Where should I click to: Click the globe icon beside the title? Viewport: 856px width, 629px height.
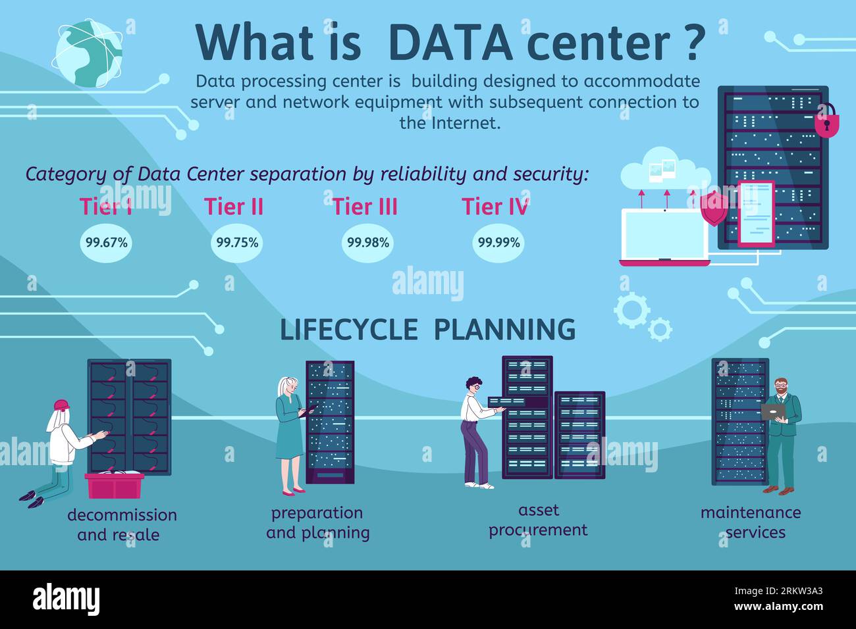(x=87, y=53)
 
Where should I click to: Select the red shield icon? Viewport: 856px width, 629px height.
(x=714, y=209)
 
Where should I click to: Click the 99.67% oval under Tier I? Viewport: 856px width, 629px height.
(x=106, y=243)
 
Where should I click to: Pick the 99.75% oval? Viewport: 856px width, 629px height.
(x=237, y=243)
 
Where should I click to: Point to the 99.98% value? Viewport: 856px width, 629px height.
(x=368, y=243)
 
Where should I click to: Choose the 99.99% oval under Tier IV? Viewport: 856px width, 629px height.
(x=498, y=243)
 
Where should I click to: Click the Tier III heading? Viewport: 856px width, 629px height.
(x=365, y=207)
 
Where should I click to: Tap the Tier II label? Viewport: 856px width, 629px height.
(x=234, y=207)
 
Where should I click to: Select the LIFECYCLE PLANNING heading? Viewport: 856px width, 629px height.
(x=427, y=330)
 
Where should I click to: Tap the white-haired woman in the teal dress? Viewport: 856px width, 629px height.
(x=289, y=434)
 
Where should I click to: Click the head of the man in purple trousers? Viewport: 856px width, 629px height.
(x=474, y=385)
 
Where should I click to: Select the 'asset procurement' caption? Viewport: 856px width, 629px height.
(x=538, y=520)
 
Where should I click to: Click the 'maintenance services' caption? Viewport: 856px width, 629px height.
(x=751, y=522)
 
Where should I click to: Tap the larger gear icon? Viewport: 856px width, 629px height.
(x=631, y=310)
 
